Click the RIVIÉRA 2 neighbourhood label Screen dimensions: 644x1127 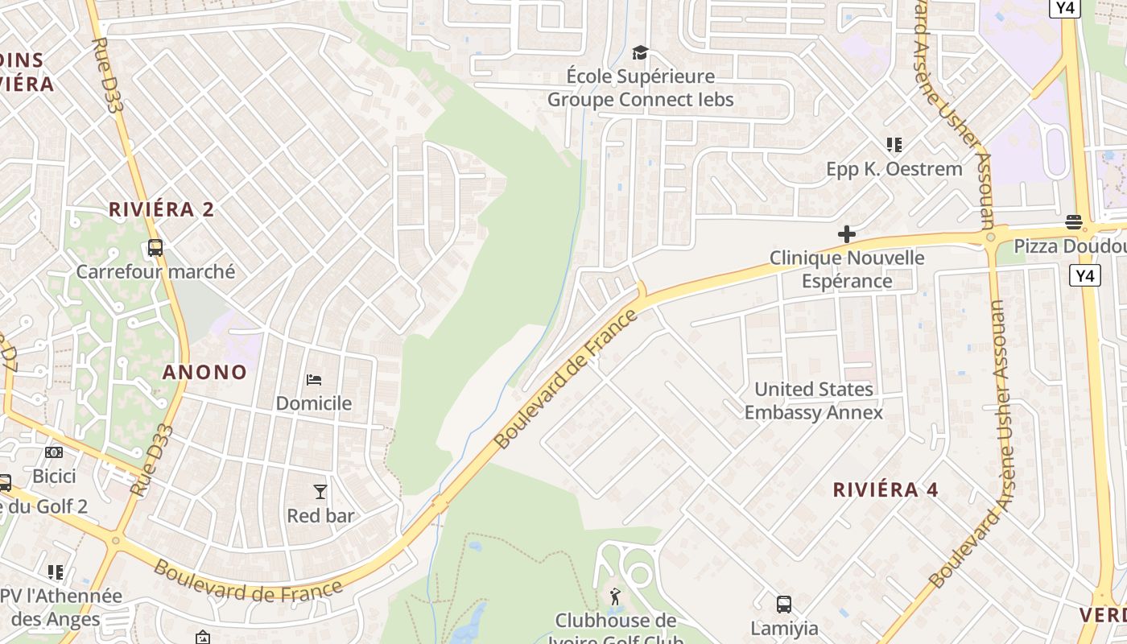click(162, 210)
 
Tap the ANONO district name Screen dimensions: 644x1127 click(204, 372)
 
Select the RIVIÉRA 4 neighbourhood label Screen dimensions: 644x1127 click(885, 489)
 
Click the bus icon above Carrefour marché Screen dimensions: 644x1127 click(155, 248)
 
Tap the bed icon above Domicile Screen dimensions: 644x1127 click(314, 379)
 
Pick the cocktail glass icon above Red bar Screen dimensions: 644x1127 click(320, 491)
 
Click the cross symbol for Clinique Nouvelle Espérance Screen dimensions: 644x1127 click(846, 234)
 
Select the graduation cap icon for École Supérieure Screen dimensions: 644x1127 click(640, 53)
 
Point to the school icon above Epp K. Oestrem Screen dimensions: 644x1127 click(894, 145)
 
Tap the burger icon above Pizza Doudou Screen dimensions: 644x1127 click(1073, 221)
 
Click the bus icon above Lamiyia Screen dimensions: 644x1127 click(783, 604)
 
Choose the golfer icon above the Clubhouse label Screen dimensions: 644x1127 click(616, 597)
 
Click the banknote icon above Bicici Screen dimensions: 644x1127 click(54, 452)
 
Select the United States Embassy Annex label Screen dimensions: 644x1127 click(813, 401)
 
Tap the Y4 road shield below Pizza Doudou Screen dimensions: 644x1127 click(1085, 276)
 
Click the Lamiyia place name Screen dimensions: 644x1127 click(784, 628)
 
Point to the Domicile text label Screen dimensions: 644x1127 click(314, 403)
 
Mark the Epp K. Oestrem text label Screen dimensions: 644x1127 click(894, 169)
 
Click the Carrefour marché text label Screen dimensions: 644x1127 click(155, 271)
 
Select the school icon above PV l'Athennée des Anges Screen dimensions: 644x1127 click(56, 572)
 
